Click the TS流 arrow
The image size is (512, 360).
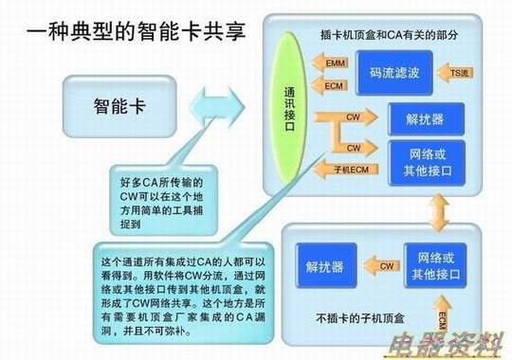tap(459, 72)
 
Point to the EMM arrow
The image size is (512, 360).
tap(333, 63)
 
